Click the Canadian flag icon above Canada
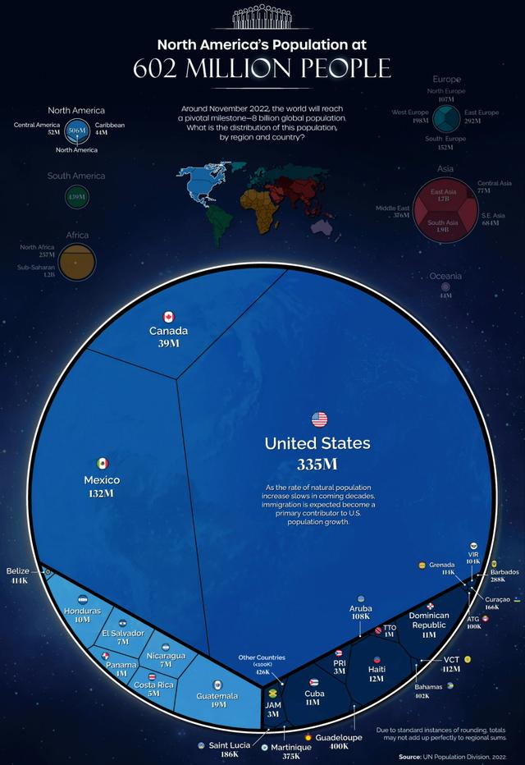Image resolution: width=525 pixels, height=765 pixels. [x=168, y=317]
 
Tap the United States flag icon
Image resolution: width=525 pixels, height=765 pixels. [x=319, y=420]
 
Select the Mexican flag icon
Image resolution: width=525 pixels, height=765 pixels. [x=102, y=464]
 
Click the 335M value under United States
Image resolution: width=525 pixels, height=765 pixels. [x=317, y=465]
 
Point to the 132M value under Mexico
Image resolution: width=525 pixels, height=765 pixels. [x=102, y=494]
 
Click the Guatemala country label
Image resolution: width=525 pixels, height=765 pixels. [x=217, y=696]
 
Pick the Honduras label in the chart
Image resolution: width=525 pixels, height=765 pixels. [x=82, y=611]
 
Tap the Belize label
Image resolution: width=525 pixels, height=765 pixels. [x=17, y=570]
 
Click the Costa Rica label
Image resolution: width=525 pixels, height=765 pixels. [x=153, y=683]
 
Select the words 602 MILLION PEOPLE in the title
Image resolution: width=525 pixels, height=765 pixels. [x=262, y=67]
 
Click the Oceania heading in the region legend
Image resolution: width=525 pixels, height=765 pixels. [x=445, y=277]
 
